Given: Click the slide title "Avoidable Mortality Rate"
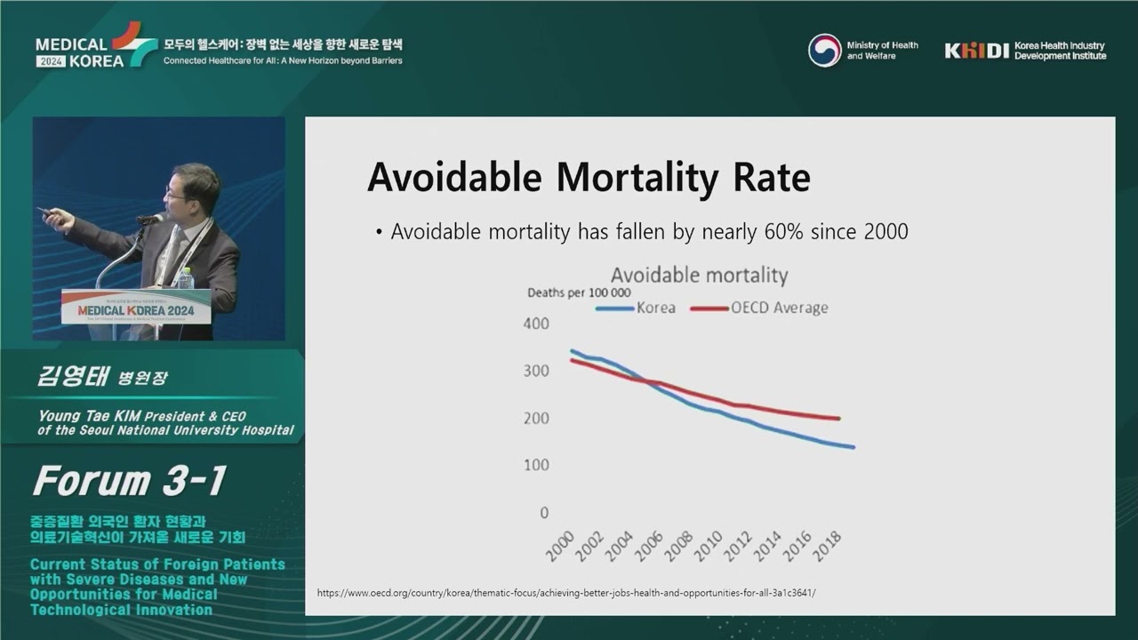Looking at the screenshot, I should [589, 177].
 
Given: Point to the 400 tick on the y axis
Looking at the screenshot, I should [536, 324].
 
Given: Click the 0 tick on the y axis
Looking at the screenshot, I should [544, 513].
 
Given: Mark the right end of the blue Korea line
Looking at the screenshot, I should [853, 447].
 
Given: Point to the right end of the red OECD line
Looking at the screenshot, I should [839, 418].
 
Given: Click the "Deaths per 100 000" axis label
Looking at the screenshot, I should [579, 292].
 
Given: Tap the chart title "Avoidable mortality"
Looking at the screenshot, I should [699, 276].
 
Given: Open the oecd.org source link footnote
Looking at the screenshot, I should [565, 593].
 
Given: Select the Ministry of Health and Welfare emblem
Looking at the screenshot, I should [824, 51].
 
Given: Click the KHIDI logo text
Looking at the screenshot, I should [976, 52].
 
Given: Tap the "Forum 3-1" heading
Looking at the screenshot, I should [130, 481].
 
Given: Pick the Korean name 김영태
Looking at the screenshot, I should [71, 376].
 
